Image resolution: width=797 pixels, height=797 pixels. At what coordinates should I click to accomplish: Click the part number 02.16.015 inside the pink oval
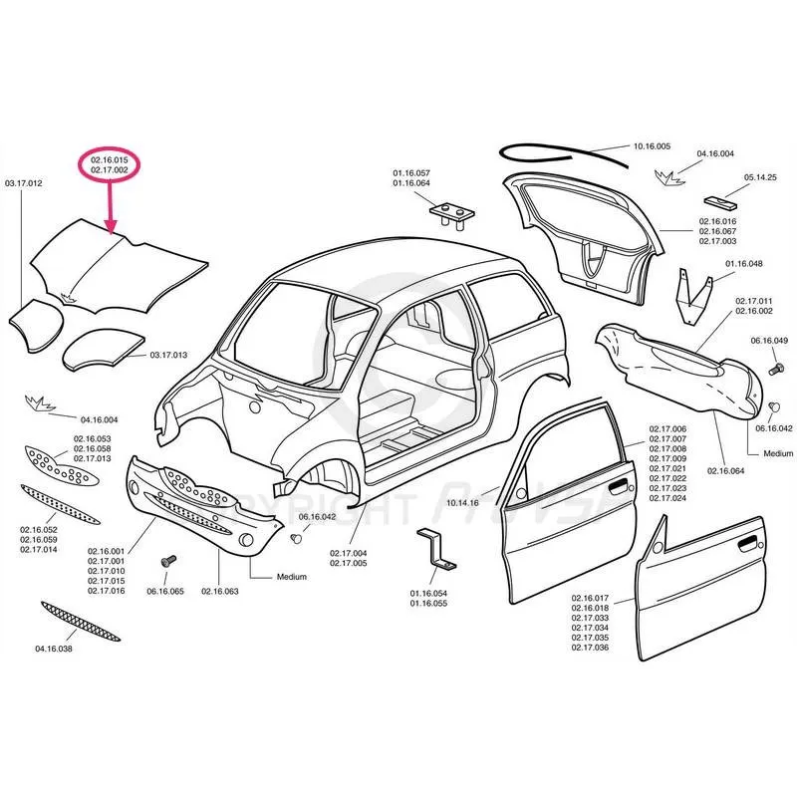(109, 159)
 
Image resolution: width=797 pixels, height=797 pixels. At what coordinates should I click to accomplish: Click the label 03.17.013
(168, 355)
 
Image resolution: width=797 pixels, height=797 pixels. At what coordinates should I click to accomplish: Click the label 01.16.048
(743, 264)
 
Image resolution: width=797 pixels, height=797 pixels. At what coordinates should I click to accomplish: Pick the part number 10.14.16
(463, 503)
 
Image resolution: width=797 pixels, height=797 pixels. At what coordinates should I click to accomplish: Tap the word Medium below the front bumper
(292, 577)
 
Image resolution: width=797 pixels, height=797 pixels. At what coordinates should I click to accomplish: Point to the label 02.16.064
(727, 470)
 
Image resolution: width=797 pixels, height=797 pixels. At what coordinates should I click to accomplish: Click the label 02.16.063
(219, 592)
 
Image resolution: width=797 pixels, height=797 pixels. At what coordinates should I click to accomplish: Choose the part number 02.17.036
(590, 648)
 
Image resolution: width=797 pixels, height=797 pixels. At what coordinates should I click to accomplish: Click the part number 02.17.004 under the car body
(349, 553)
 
